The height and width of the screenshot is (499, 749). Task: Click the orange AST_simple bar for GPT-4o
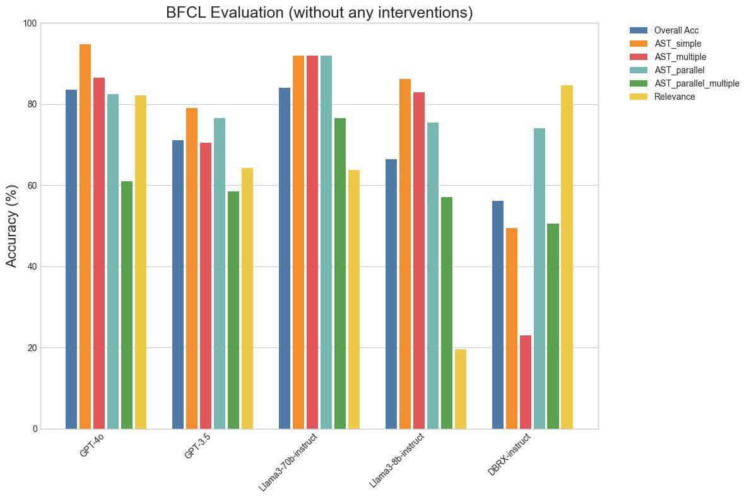pos(85,237)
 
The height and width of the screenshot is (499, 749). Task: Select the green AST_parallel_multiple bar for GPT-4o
pos(127,305)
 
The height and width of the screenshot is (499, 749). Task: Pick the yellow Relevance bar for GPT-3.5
pos(247,298)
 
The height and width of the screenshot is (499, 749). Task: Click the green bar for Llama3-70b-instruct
pos(340,274)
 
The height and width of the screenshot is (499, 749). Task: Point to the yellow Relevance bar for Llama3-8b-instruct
pos(461,389)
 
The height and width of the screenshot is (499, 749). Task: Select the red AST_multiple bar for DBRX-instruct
pos(526,382)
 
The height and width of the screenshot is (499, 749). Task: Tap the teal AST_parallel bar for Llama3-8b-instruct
pos(433,275)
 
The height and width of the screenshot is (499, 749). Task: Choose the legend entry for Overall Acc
pos(676,30)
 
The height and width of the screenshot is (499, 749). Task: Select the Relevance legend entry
pos(674,97)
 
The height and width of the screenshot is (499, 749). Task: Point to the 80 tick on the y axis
pos(32,104)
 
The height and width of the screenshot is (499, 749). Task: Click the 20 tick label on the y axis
pos(32,348)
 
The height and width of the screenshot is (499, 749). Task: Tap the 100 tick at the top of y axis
pos(30,23)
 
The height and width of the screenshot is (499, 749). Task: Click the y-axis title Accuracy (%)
pos(12,226)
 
